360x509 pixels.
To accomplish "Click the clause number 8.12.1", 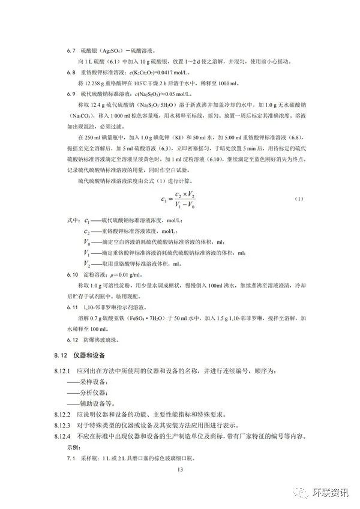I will tap(60, 373).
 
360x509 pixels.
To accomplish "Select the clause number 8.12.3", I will tap(60, 424).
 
